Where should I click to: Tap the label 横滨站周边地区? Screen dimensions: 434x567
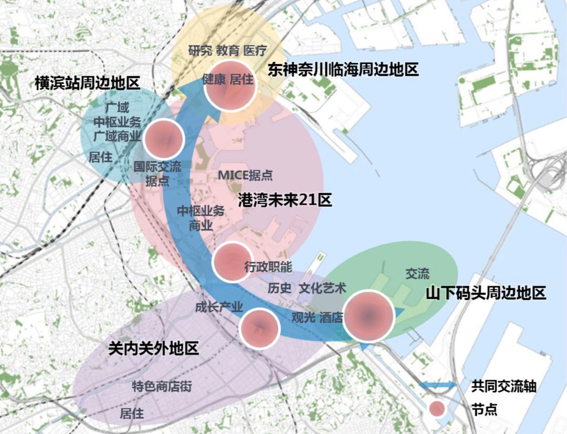88,82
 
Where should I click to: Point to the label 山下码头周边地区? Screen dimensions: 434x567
486,293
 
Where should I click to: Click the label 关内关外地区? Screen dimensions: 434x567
153,348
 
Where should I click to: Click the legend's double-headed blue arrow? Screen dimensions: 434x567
438,386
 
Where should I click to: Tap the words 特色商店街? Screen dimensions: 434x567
161,387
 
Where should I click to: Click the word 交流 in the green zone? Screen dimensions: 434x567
417,273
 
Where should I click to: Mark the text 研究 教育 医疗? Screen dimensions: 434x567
227,51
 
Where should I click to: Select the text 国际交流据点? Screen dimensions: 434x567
157,174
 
